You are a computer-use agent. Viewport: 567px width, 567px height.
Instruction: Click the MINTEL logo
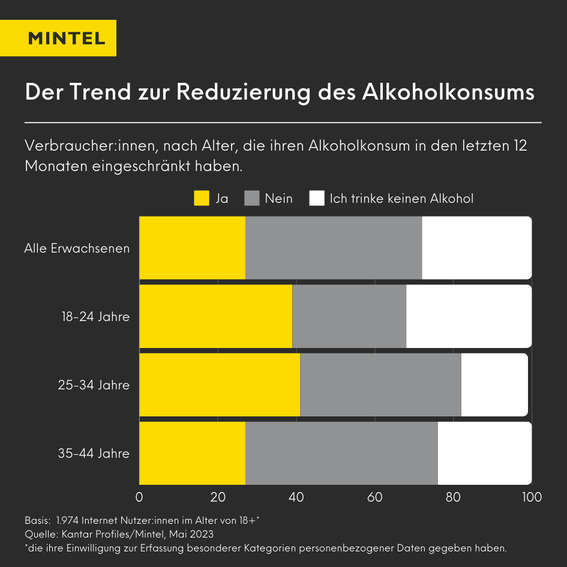(67, 38)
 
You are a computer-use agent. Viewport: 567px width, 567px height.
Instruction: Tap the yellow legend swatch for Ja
(202, 198)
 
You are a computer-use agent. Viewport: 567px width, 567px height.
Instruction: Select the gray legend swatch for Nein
(252, 198)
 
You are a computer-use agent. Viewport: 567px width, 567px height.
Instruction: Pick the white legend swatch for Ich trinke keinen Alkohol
(317, 198)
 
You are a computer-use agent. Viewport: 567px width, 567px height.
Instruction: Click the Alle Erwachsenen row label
(77, 248)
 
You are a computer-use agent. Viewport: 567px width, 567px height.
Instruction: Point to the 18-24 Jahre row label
(95, 316)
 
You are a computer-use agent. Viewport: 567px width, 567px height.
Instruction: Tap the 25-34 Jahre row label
(94, 385)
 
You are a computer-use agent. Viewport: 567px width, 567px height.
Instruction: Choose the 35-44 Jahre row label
(94, 453)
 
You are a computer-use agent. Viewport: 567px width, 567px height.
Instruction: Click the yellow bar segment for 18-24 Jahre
(215, 316)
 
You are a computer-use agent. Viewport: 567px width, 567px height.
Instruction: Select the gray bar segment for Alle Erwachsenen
(334, 248)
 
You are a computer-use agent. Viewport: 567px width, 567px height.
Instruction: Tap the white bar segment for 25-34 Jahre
(494, 385)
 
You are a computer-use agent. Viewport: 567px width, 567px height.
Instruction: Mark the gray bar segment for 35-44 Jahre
(341, 453)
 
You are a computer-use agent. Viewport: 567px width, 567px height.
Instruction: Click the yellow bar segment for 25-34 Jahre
(220, 385)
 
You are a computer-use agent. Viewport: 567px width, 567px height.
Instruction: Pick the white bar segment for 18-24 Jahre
(469, 316)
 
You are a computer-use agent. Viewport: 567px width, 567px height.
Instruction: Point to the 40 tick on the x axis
(296, 497)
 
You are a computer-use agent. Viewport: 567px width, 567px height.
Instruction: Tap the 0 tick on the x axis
(139, 497)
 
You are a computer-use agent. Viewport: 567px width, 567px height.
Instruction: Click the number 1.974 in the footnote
(70, 520)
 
